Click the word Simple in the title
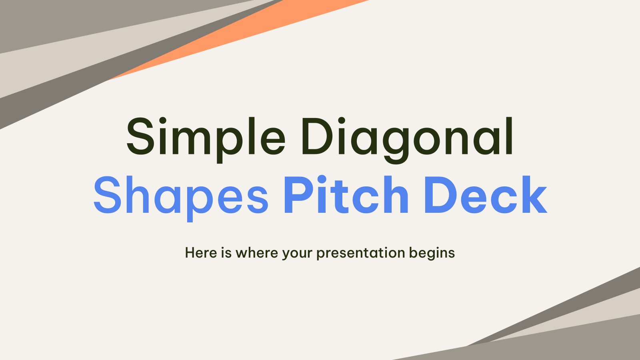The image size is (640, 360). (x=206, y=137)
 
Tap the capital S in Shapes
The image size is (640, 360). (x=107, y=195)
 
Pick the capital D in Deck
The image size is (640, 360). (x=438, y=195)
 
